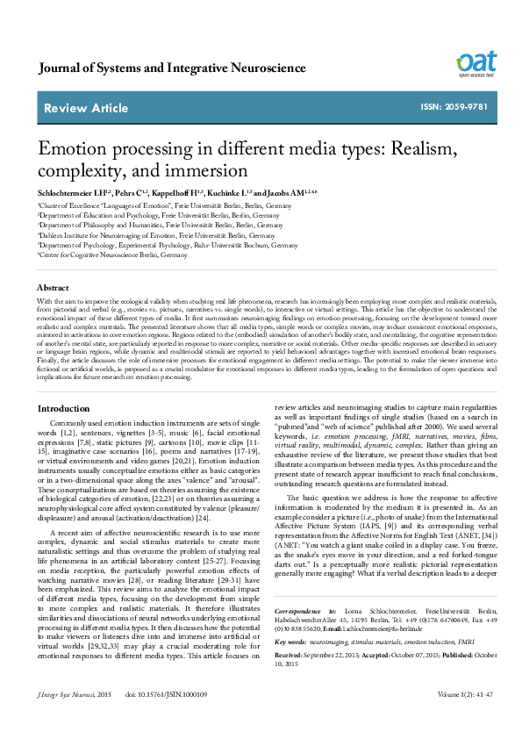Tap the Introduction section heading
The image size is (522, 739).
point(65,409)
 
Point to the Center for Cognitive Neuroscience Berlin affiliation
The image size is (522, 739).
point(112,255)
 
